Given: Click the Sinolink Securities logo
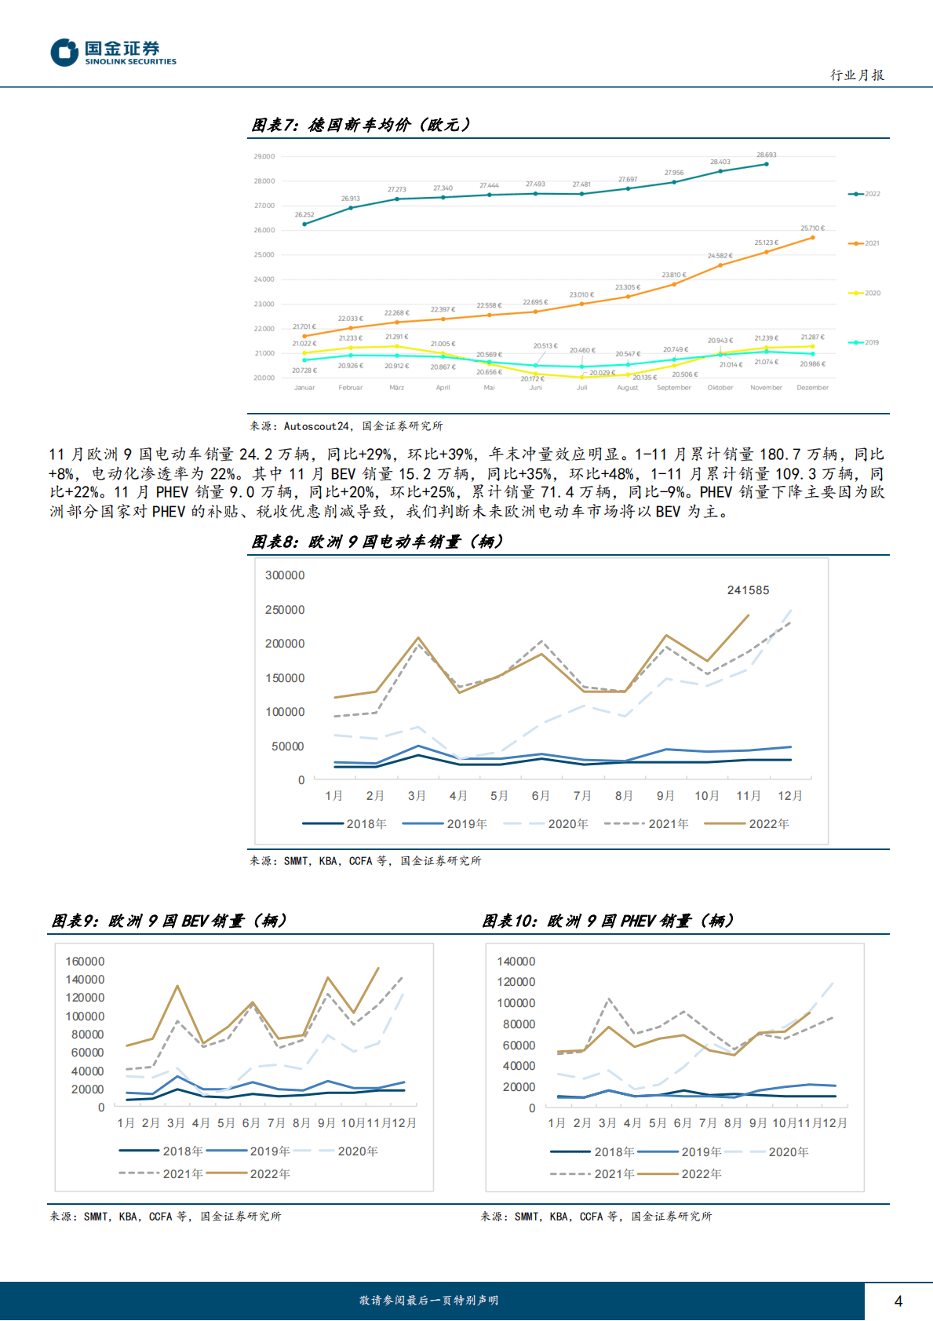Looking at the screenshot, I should click(114, 53).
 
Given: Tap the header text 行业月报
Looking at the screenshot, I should click(857, 75).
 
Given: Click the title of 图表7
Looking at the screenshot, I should click(361, 125).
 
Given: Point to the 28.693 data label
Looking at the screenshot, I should click(766, 155).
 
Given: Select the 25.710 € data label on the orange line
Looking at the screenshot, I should click(812, 228).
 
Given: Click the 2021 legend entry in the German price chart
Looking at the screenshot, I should click(865, 243).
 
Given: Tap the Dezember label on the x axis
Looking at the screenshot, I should click(812, 388).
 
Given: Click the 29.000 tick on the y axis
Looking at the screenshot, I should click(264, 157).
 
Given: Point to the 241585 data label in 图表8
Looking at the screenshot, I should click(748, 590).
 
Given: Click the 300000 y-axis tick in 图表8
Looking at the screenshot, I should click(285, 575).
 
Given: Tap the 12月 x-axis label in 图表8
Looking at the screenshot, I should click(790, 796).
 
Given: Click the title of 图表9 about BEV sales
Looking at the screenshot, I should click(169, 921).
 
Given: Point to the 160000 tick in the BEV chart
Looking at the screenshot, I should click(85, 962).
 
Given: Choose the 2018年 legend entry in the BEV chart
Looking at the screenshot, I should click(161, 1151).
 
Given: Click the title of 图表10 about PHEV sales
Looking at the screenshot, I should click(608, 921).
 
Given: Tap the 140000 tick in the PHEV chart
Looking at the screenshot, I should click(516, 962).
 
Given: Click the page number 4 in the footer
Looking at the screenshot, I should click(898, 1301).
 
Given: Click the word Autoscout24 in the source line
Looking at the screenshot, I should click(316, 426).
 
